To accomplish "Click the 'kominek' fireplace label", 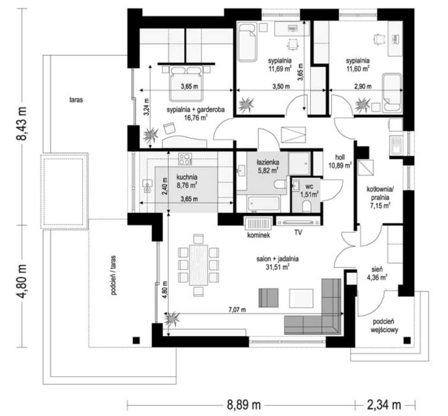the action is (x=258, y=235).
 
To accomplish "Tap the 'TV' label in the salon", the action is (x=298, y=232).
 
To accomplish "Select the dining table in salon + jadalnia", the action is (x=199, y=265).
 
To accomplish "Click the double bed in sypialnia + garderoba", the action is (x=187, y=83).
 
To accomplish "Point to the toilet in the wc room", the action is (x=307, y=206).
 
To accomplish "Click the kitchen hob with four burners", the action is (x=185, y=159).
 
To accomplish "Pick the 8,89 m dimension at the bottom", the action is (x=244, y=405).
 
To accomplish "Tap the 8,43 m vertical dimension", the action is (x=23, y=124).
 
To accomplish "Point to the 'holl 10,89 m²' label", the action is (x=343, y=161).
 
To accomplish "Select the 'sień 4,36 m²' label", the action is (x=379, y=273).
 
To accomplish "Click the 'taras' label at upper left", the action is (x=76, y=100).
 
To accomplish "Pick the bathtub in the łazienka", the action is (x=263, y=204).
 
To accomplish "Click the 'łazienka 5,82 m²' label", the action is (x=268, y=166).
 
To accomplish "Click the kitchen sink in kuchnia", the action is (x=148, y=185).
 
